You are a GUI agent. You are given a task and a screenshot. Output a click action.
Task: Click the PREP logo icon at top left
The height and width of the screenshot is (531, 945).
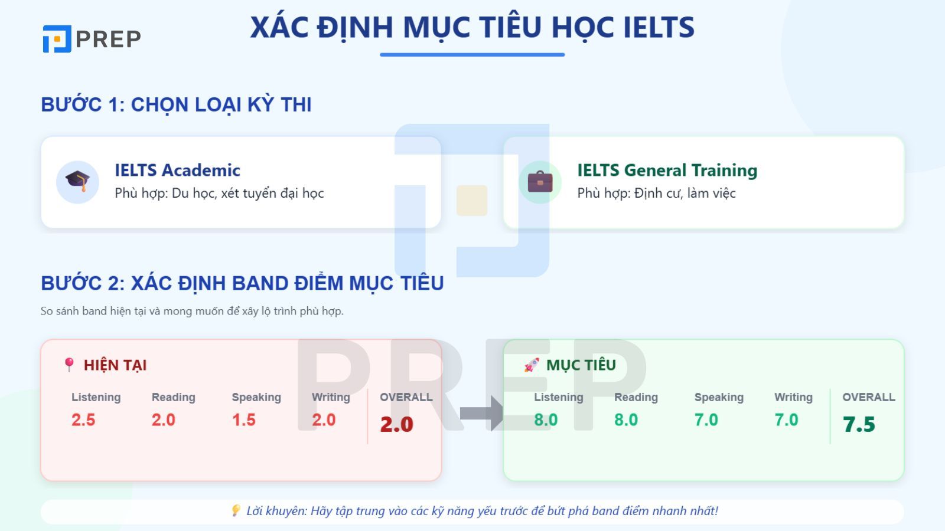point(57,39)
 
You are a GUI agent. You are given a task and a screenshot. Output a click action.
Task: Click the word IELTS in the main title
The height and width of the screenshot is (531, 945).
point(659,27)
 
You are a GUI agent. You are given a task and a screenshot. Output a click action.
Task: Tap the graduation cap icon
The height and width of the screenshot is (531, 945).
point(77,182)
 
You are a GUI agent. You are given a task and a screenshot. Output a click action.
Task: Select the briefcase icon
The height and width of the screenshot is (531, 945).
point(540,182)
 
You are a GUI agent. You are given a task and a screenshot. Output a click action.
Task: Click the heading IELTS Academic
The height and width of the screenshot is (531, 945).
point(177,170)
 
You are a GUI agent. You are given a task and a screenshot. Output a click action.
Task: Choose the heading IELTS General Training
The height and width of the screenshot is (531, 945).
point(667,170)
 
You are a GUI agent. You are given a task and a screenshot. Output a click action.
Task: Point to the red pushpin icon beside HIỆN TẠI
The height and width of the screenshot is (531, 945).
point(69,365)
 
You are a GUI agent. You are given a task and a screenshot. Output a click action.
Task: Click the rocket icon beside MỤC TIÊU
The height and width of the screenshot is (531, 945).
point(532,365)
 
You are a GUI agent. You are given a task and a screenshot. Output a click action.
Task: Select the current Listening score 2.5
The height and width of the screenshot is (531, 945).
point(83,420)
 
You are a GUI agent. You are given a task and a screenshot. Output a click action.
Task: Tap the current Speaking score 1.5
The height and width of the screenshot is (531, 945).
point(243,420)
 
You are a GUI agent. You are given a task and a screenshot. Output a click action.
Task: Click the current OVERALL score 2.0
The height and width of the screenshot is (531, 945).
point(396,424)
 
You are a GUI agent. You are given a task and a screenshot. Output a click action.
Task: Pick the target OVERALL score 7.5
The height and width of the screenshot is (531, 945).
point(859,424)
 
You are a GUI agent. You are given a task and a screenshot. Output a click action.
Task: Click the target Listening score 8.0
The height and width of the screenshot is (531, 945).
point(546,420)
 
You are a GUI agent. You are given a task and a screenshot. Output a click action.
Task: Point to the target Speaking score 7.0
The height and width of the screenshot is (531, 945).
point(706,420)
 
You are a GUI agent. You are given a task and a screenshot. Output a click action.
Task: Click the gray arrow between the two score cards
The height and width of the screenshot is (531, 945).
point(481,413)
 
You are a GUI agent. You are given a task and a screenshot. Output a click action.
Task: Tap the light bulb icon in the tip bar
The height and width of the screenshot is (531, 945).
point(236,510)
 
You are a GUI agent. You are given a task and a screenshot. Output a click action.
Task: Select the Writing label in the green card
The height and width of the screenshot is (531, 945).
point(793,397)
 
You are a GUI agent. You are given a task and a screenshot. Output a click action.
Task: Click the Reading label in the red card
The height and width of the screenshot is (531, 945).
point(173,397)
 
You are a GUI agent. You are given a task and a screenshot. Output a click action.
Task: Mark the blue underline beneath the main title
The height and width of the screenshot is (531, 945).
point(472,55)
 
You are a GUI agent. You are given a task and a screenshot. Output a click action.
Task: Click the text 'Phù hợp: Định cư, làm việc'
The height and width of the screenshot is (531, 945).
point(656,193)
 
